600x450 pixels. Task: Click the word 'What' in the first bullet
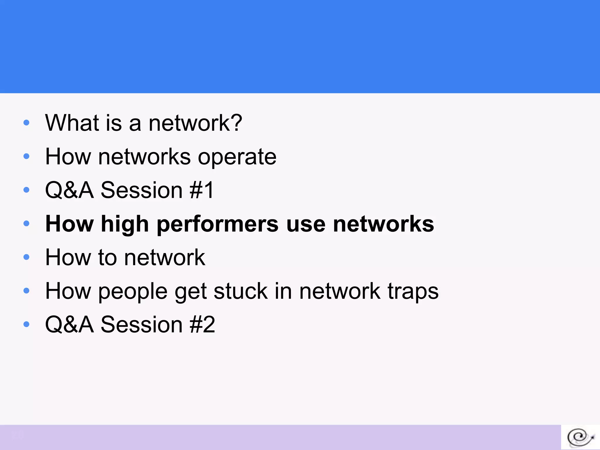(72, 123)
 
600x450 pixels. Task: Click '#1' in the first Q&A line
(202, 190)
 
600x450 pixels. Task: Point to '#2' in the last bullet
(202, 325)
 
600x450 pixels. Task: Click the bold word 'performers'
(218, 224)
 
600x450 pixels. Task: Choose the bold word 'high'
(125, 224)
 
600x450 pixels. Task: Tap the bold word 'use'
(306, 224)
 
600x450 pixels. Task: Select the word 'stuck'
(241, 292)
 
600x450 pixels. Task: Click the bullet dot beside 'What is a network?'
(26, 122)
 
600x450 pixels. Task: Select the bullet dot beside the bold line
(26, 224)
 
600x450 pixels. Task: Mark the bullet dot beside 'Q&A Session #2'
(26, 324)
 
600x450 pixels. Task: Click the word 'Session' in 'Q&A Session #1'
(142, 190)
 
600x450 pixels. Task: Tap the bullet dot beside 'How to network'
(26, 257)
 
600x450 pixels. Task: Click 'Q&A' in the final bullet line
(69, 325)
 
